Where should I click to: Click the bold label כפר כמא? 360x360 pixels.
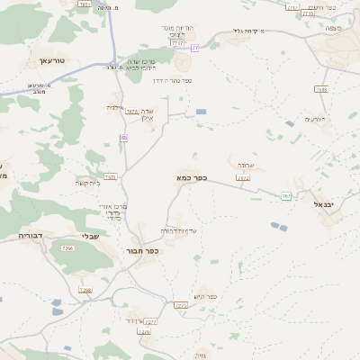[x=192, y=178]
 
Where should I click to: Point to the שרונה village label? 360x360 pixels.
[x=247, y=166]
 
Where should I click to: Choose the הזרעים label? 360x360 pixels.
[x=314, y=119]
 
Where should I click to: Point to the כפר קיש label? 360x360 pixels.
[x=206, y=296]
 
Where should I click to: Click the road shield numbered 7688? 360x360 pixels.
[x=322, y=89]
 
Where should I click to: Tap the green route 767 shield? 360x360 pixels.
[x=286, y=195]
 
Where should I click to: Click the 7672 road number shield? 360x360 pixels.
[x=242, y=177]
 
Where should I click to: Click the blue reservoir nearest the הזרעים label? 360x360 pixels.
[x=289, y=123]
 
